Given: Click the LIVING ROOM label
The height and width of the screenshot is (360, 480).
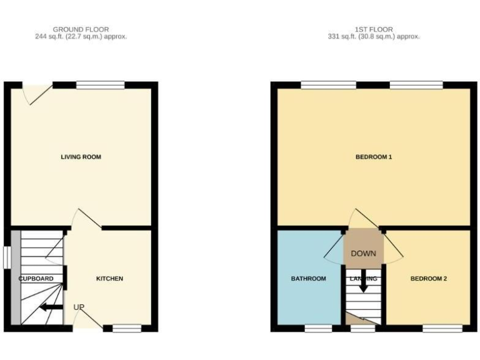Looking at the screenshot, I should point(81,157).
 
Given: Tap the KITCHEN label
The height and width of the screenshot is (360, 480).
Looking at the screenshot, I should point(109,278).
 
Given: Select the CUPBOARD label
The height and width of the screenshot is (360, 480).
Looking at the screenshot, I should point(36,278).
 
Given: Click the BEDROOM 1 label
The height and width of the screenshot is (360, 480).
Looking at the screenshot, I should point(373,157).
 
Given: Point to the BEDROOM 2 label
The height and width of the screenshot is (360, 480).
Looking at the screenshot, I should point(428,278).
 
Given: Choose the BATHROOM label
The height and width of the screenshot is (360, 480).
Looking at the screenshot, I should point(308,278).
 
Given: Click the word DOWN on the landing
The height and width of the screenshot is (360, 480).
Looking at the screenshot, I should point(363,254).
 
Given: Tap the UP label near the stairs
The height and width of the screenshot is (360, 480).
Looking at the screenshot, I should point(79,307).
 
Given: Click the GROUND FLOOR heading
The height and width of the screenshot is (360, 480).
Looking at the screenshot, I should point(81,29).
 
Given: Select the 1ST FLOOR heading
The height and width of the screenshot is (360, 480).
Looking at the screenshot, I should point(373,29).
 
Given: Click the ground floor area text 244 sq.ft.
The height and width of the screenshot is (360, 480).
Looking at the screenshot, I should point(81,37).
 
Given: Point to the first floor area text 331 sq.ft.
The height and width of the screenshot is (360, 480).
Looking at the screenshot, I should point(373,37).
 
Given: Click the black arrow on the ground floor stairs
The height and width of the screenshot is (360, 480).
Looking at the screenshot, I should point(50,307).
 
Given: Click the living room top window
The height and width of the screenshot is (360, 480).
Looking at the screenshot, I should point(100,85).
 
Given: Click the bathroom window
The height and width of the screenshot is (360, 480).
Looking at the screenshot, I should point(318,327).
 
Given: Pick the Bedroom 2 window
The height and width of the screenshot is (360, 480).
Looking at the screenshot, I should point(442,327).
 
